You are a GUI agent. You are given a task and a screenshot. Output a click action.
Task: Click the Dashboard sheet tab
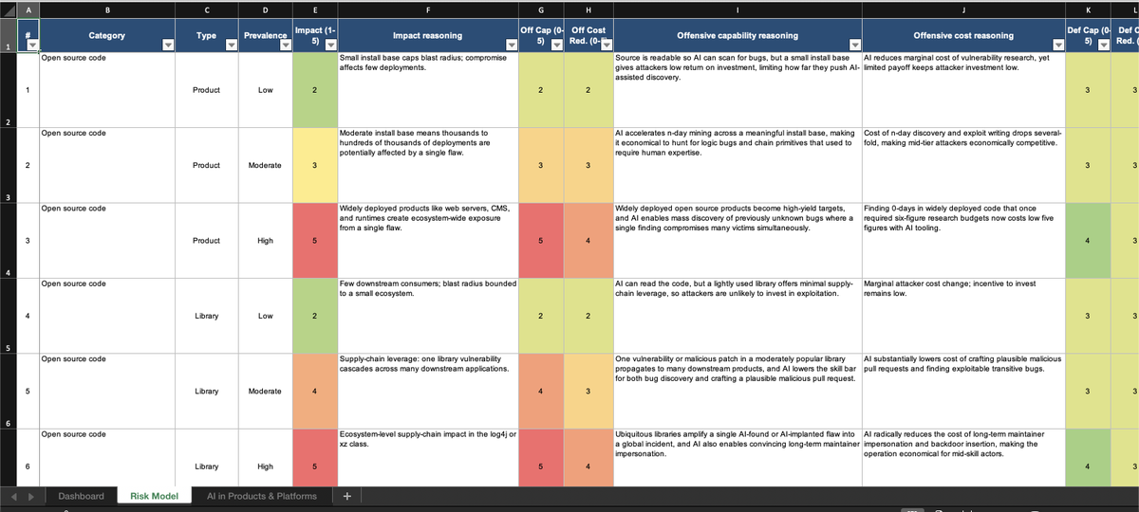pyautogui.click(x=81, y=496)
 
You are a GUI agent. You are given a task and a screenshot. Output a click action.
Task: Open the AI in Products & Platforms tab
pyautogui.click(x=261, y=496)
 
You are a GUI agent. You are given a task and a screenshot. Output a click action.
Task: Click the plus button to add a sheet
pyautogui.click(x=346, y=496)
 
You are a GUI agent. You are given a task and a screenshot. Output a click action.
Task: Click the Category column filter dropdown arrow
pyautogui.click(x=168, y=45)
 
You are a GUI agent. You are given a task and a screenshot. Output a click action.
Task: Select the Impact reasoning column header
pyautogui.click(x=427, y=35)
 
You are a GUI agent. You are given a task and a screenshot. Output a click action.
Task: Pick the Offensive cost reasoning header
pyautogui.click(x=963, y=35)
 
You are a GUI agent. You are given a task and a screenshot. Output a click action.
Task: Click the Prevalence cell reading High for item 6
pyautogui.click(x=265, y=466)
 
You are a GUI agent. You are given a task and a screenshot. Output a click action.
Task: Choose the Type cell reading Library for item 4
pyautogui.click(x=206, y=316)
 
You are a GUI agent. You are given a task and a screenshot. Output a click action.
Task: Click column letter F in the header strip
pyautogui.click(x=427, y=9)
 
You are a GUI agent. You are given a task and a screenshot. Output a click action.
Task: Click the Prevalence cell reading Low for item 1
pyautogui.click(x=265, y=90)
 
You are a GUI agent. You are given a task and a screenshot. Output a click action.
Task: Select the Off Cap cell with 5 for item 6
pyautogui.click(x=540, y=466)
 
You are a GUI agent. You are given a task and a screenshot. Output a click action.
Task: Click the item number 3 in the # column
pyautogui.click(x=27, y=240)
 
